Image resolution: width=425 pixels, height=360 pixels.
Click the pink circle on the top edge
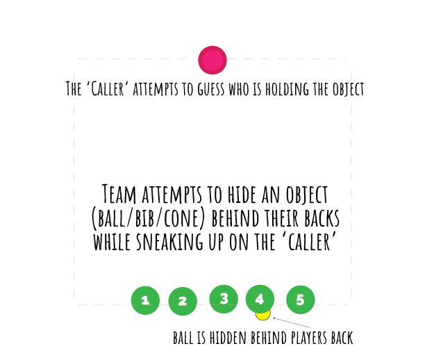tap(212, 60)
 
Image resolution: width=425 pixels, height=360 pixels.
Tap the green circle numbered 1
tap(145, 300)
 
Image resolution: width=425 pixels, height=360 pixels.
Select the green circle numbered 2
tap(183, 301)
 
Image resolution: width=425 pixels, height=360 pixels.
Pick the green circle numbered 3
tap(224, 299)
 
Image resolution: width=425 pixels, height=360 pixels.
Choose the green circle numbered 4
tap(260, 299)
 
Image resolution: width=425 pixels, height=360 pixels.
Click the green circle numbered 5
tap(301, 300)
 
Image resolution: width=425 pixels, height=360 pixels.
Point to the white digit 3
tap(224, 299)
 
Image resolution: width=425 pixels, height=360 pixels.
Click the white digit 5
tap(301, 300)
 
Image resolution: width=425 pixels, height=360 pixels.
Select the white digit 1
tap(145, 300)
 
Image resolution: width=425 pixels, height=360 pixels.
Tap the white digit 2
tap(183, 301)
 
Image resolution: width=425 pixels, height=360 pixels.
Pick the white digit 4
tap(260, 300)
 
